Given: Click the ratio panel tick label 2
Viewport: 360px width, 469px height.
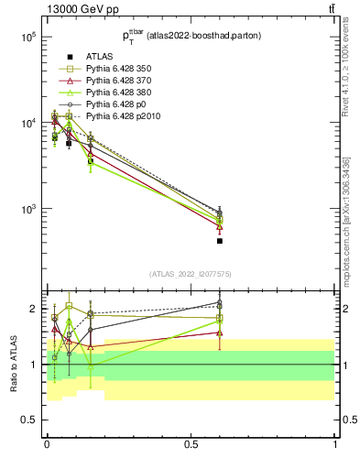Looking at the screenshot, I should (34, 309).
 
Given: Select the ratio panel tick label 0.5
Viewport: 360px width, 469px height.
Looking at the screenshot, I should (30, 420).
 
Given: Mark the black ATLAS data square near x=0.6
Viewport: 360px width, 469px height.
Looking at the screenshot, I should (220, 241).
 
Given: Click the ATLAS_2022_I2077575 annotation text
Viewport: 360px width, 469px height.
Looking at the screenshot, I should (191, 273).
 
